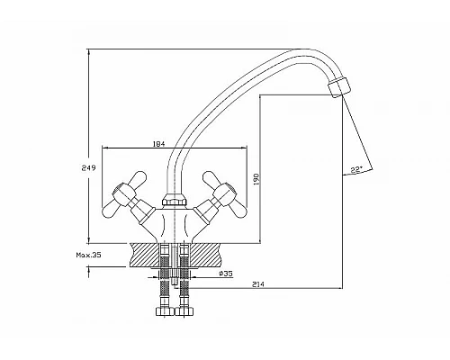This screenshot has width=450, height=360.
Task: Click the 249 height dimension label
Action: coord(88,168)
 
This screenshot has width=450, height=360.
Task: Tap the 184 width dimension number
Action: coord(159,144)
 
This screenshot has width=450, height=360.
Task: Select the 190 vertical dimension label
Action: coord(256,179)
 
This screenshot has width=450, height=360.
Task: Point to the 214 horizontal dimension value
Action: coord(258,284)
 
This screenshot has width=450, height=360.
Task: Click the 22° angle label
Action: coord(356,170)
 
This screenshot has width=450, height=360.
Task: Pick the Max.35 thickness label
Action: coord(88,256)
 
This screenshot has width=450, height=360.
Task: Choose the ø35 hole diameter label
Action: coord(226,274)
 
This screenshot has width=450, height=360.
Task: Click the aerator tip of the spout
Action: coord(339,86)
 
